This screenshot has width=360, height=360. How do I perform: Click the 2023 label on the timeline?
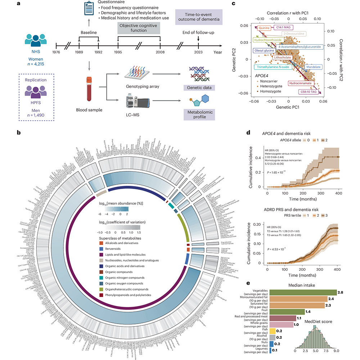198,52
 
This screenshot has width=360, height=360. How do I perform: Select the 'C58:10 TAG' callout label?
308,91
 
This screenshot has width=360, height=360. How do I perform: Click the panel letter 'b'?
19,132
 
